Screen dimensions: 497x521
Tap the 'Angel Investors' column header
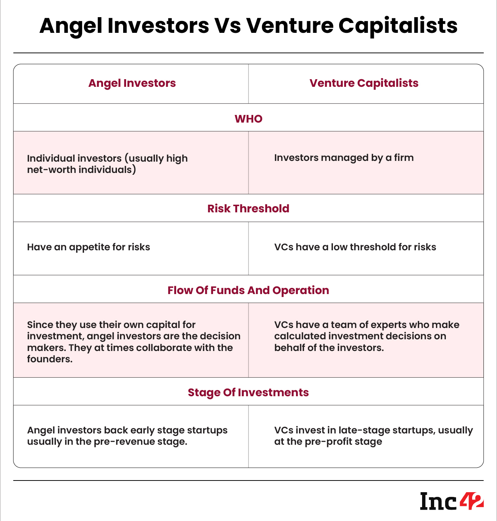pyautogui.click(x=132, y=83)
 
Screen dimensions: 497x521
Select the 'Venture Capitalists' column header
pyautogui.click(x=364, y=83)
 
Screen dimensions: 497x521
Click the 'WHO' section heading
pyautogui.click(x=248, y=119)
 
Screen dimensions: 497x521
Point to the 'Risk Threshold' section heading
pyautogui.click(x=248, y=209)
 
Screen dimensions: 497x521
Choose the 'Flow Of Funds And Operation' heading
pyautogui.click(x=248, y=290)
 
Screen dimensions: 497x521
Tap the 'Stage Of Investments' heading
pyautogui.click(x=248, y=393)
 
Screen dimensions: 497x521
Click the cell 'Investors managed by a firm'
pyautogui.click(x=344, y=158)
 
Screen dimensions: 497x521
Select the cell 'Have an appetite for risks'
pyautogui.click(x=88, y=247)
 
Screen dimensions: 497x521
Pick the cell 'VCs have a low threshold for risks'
pyautogui.click(x=355, y=247)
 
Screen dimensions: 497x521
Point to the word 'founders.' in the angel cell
pyautogui.click(x=50, y=359)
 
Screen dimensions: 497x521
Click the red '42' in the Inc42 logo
pyautogui.click(x=472, y=501)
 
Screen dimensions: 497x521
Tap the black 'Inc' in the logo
pyautogui.click(x=438, y=501)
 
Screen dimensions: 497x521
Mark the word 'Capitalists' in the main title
pyautogui.click(x=398, y=26)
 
